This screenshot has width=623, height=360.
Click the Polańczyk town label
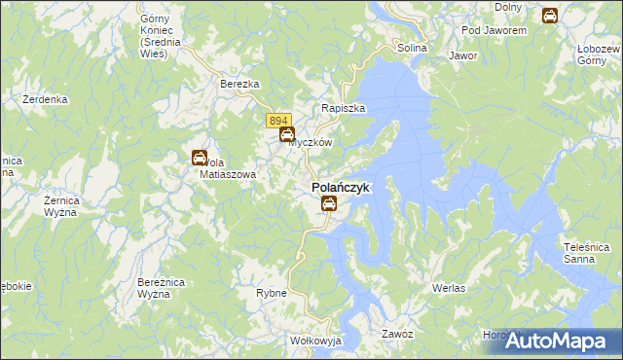(x=340, y=187)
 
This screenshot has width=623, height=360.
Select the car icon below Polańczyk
(x=329, y=203)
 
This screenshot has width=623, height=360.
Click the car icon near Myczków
(x=287, y=135)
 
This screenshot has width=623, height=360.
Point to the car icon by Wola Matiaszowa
(x=199, y=157)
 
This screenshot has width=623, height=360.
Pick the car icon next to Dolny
(x=549, y=16)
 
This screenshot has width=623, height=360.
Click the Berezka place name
(x=239, y=85)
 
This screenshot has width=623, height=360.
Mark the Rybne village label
(x=271, y=293)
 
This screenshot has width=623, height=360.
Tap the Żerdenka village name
(x=45, y=99)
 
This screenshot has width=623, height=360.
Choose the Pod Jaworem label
(x=494, y=30)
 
